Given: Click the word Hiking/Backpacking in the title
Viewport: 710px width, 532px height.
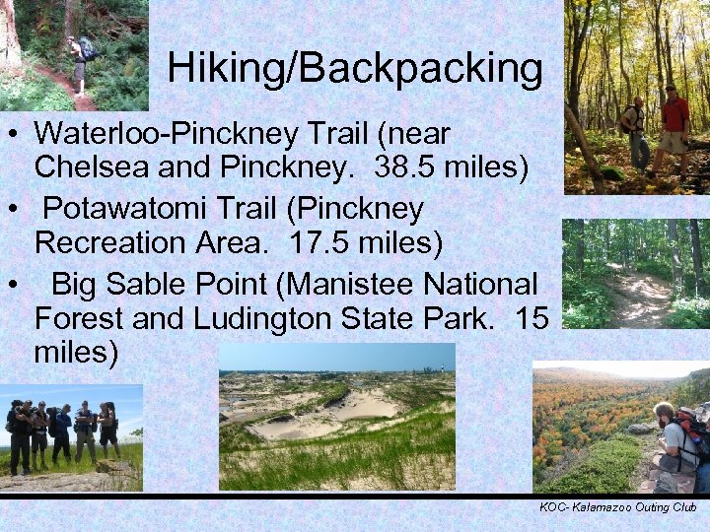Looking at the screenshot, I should [355, 69].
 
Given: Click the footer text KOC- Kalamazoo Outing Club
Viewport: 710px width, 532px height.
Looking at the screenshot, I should [617, 507].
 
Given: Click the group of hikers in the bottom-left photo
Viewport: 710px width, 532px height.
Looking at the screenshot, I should [64, 433].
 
